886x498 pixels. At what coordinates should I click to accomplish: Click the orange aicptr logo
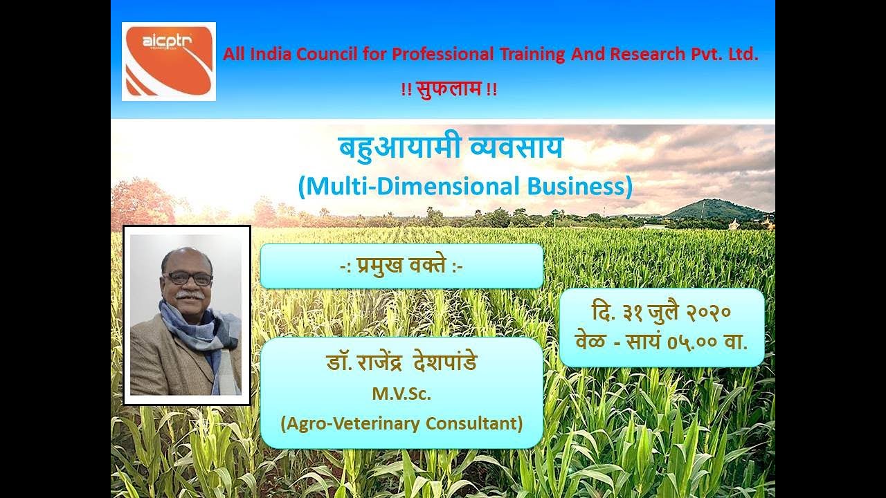168,62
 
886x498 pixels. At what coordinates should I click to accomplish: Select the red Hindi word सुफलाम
449,89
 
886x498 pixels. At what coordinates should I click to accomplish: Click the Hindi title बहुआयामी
388,149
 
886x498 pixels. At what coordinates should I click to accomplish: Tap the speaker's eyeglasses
188,279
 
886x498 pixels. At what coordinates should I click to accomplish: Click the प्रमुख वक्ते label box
401,266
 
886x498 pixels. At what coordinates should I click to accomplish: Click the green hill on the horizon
713,210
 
